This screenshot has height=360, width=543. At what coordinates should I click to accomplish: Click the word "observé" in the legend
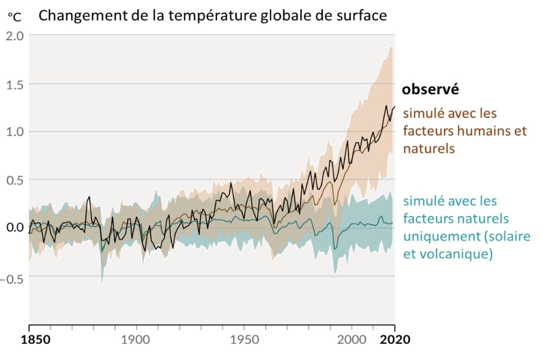431,89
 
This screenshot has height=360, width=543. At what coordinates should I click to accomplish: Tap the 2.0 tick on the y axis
15,36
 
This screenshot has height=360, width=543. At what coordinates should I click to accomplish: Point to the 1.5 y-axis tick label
15,84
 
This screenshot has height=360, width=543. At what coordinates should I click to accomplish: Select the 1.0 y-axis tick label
15,132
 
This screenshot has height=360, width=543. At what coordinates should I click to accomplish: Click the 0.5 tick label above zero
15,180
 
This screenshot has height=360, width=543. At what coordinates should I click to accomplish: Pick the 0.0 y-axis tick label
15,228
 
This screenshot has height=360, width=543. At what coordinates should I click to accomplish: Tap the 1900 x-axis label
136,340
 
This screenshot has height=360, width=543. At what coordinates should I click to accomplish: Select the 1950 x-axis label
244,340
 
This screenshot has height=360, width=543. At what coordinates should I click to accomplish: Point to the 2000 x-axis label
351,340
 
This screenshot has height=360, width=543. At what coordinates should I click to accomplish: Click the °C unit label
14,17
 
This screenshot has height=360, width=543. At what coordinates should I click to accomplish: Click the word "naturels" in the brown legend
429,149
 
